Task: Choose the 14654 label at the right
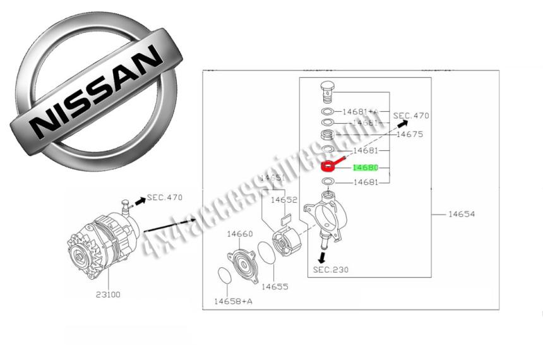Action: (462, 214)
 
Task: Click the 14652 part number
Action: (284, 200)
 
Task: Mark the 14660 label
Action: (240, 234)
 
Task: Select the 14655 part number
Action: (275, 287)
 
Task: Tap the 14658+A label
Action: (233, 301)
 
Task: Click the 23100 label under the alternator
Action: (109, 294)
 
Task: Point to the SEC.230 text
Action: (330, 270)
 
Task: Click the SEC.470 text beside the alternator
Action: (165, 198)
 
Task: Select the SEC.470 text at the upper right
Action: (411, 116)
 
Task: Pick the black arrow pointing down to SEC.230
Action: (322, 256)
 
